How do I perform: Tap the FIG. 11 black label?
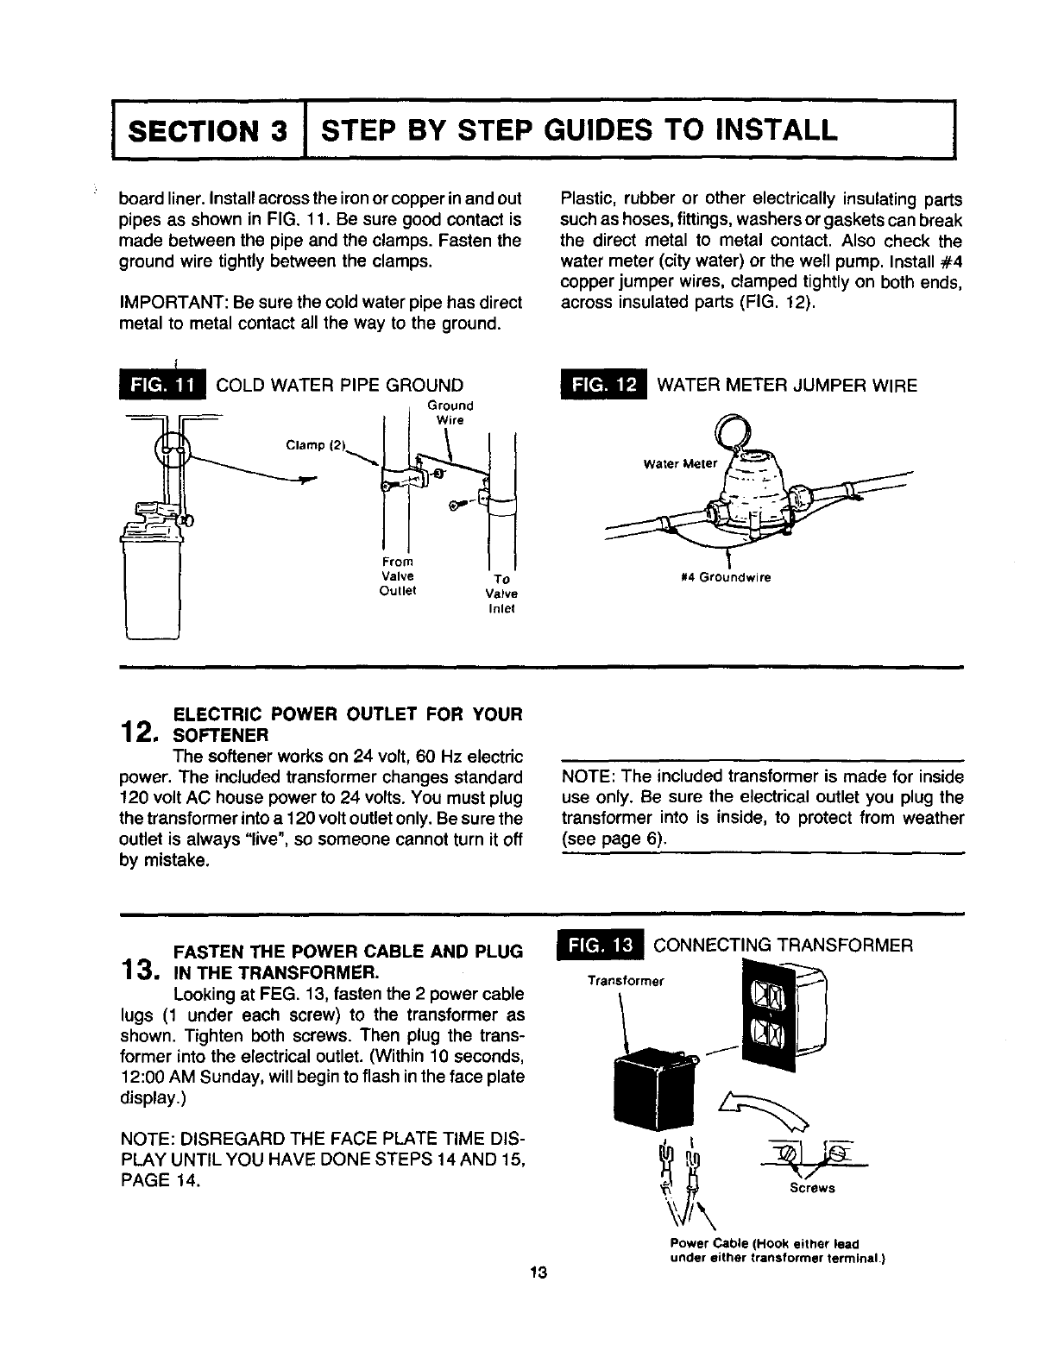pyautogui.click(x=161, y=385)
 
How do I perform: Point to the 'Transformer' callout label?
pyautogui.click(x=617, y=981)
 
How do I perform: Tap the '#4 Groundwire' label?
pyautogui.click(x=734, y=577)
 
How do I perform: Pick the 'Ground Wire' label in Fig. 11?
pyautogui.click(x=450, y=412)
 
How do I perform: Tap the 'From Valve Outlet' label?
pyautogui.click(x=398, y=576)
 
